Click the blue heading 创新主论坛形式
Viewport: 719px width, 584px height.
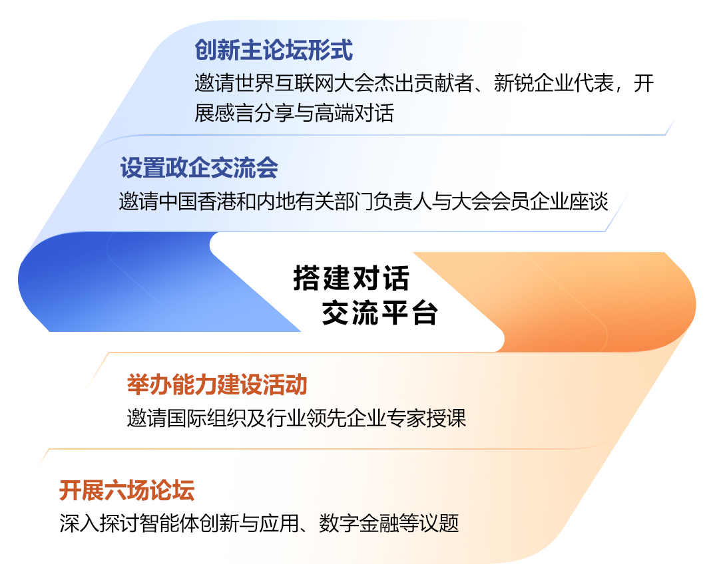(x=274, y=50)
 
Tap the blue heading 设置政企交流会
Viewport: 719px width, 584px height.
(x=199, y=168)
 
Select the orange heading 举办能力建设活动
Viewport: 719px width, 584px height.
(x=217, y=384)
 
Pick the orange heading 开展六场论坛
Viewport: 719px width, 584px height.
(x=127, y=490)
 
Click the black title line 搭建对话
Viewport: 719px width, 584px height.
(x=351, y=278)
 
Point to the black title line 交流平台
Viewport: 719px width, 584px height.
(x=379, y=313)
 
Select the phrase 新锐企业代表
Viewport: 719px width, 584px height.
(x=554, y=83)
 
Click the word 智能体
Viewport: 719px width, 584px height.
(x=169, y=523)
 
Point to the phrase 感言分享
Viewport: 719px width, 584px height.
(x=254, y=113)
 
